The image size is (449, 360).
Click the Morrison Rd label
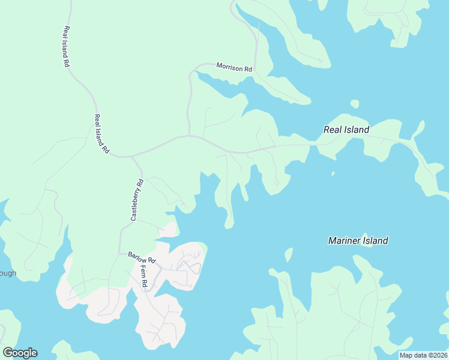[234, 68]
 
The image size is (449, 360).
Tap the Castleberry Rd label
[137, 200]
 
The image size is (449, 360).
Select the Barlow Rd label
[142, 257]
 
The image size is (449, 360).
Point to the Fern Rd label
[143, 277]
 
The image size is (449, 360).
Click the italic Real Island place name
[346, 129]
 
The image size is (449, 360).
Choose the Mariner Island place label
[358, 241]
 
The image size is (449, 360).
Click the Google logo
[20, 353]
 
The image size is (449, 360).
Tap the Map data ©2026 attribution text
[423, 355]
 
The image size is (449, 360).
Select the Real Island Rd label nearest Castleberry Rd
[101, 133]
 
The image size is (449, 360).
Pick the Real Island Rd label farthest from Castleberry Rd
[67, 46]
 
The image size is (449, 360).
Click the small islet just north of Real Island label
[354, 104]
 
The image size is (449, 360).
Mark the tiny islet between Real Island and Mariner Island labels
[333, 175]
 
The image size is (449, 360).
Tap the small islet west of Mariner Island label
[288, 254]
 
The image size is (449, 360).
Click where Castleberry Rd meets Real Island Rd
[131, 157]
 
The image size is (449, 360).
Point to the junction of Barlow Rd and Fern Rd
[149, 264]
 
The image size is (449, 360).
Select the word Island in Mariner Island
[375, 241]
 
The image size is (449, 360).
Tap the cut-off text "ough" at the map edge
[8, 274]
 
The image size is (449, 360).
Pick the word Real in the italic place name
[333, 129]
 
